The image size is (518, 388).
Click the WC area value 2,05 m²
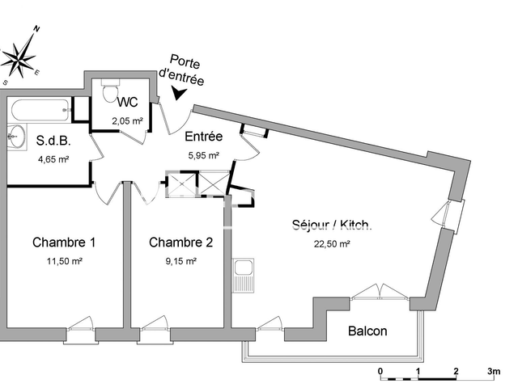tap(127, 120)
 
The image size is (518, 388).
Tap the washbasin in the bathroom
tap(15, 137)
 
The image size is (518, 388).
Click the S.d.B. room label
tap(53, 141)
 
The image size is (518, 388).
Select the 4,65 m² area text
tap(53, 159)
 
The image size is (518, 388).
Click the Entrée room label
tap(203, 137)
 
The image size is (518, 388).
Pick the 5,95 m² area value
tap(203, 155)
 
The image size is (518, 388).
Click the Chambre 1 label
tap(64, 242)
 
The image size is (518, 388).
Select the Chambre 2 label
tap(181, 242)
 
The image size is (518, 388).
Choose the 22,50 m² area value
tap(332, 243)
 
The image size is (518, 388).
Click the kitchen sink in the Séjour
tap(242, 276)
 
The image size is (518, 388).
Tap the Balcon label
tap(367, 331)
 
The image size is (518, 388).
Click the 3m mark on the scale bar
tap(494, 372)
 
